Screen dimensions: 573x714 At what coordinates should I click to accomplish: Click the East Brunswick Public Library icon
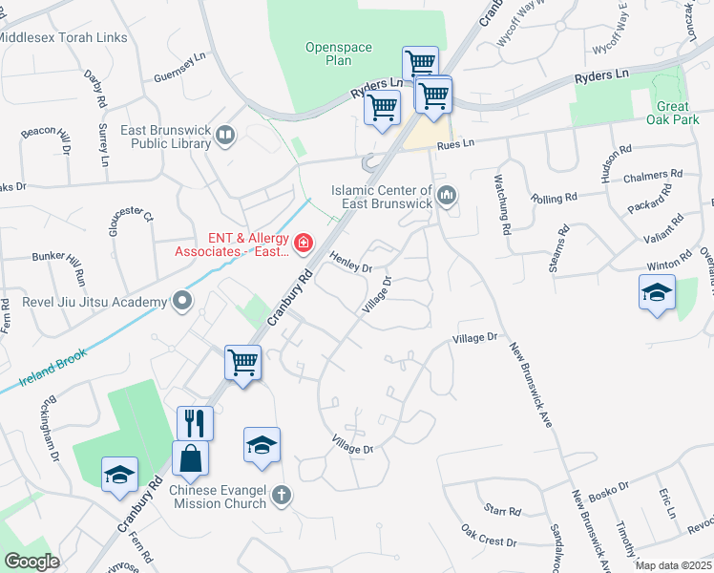click(225, 137)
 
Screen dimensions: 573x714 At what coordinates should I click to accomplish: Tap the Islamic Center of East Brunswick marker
click(447, 197)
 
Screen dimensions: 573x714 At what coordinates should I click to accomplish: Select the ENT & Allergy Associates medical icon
click(304, 244)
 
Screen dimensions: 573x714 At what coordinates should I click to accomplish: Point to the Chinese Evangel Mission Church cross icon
click(280, 495)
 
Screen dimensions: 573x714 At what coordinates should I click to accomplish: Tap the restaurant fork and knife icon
click(195, 422)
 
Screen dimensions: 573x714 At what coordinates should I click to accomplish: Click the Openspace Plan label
click(328, 53)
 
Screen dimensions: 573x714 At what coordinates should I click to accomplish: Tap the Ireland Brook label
click(52, 369)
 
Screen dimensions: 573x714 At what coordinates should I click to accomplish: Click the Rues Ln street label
click(455, 144)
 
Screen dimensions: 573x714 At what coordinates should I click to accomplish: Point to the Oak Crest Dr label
click(488, 536)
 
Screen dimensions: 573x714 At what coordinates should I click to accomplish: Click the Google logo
click(32, 561)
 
